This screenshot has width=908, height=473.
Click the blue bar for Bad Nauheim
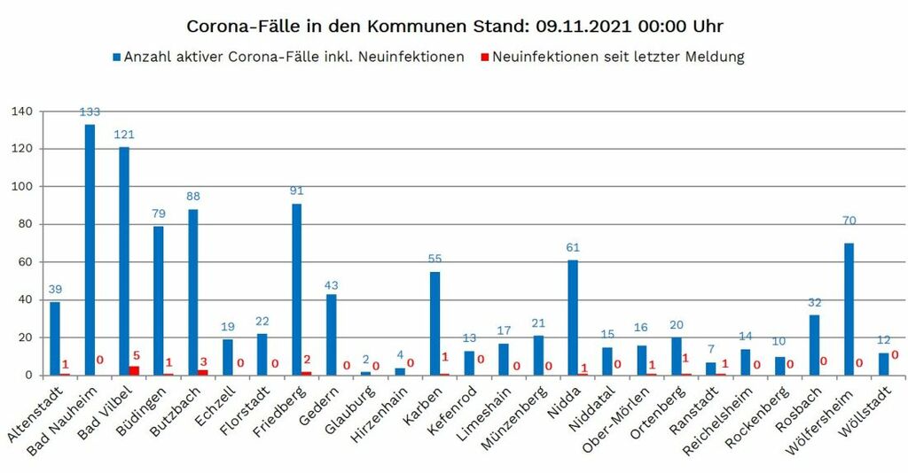point(90,250)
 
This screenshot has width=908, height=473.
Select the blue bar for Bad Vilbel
point(124,260)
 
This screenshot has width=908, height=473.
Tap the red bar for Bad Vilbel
point(134,370)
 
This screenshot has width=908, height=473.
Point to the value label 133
point(90,112)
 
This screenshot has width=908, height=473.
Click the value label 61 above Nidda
point(573,248)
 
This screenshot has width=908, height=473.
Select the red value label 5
point(136,356)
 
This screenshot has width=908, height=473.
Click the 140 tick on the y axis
point(21,112)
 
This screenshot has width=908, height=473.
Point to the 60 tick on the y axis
point(25,262)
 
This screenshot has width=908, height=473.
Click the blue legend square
point(116,58)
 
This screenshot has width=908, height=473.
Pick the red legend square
point(484,58)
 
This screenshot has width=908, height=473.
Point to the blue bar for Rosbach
point(815,345)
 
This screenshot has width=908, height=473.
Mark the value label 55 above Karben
point(434,259)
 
